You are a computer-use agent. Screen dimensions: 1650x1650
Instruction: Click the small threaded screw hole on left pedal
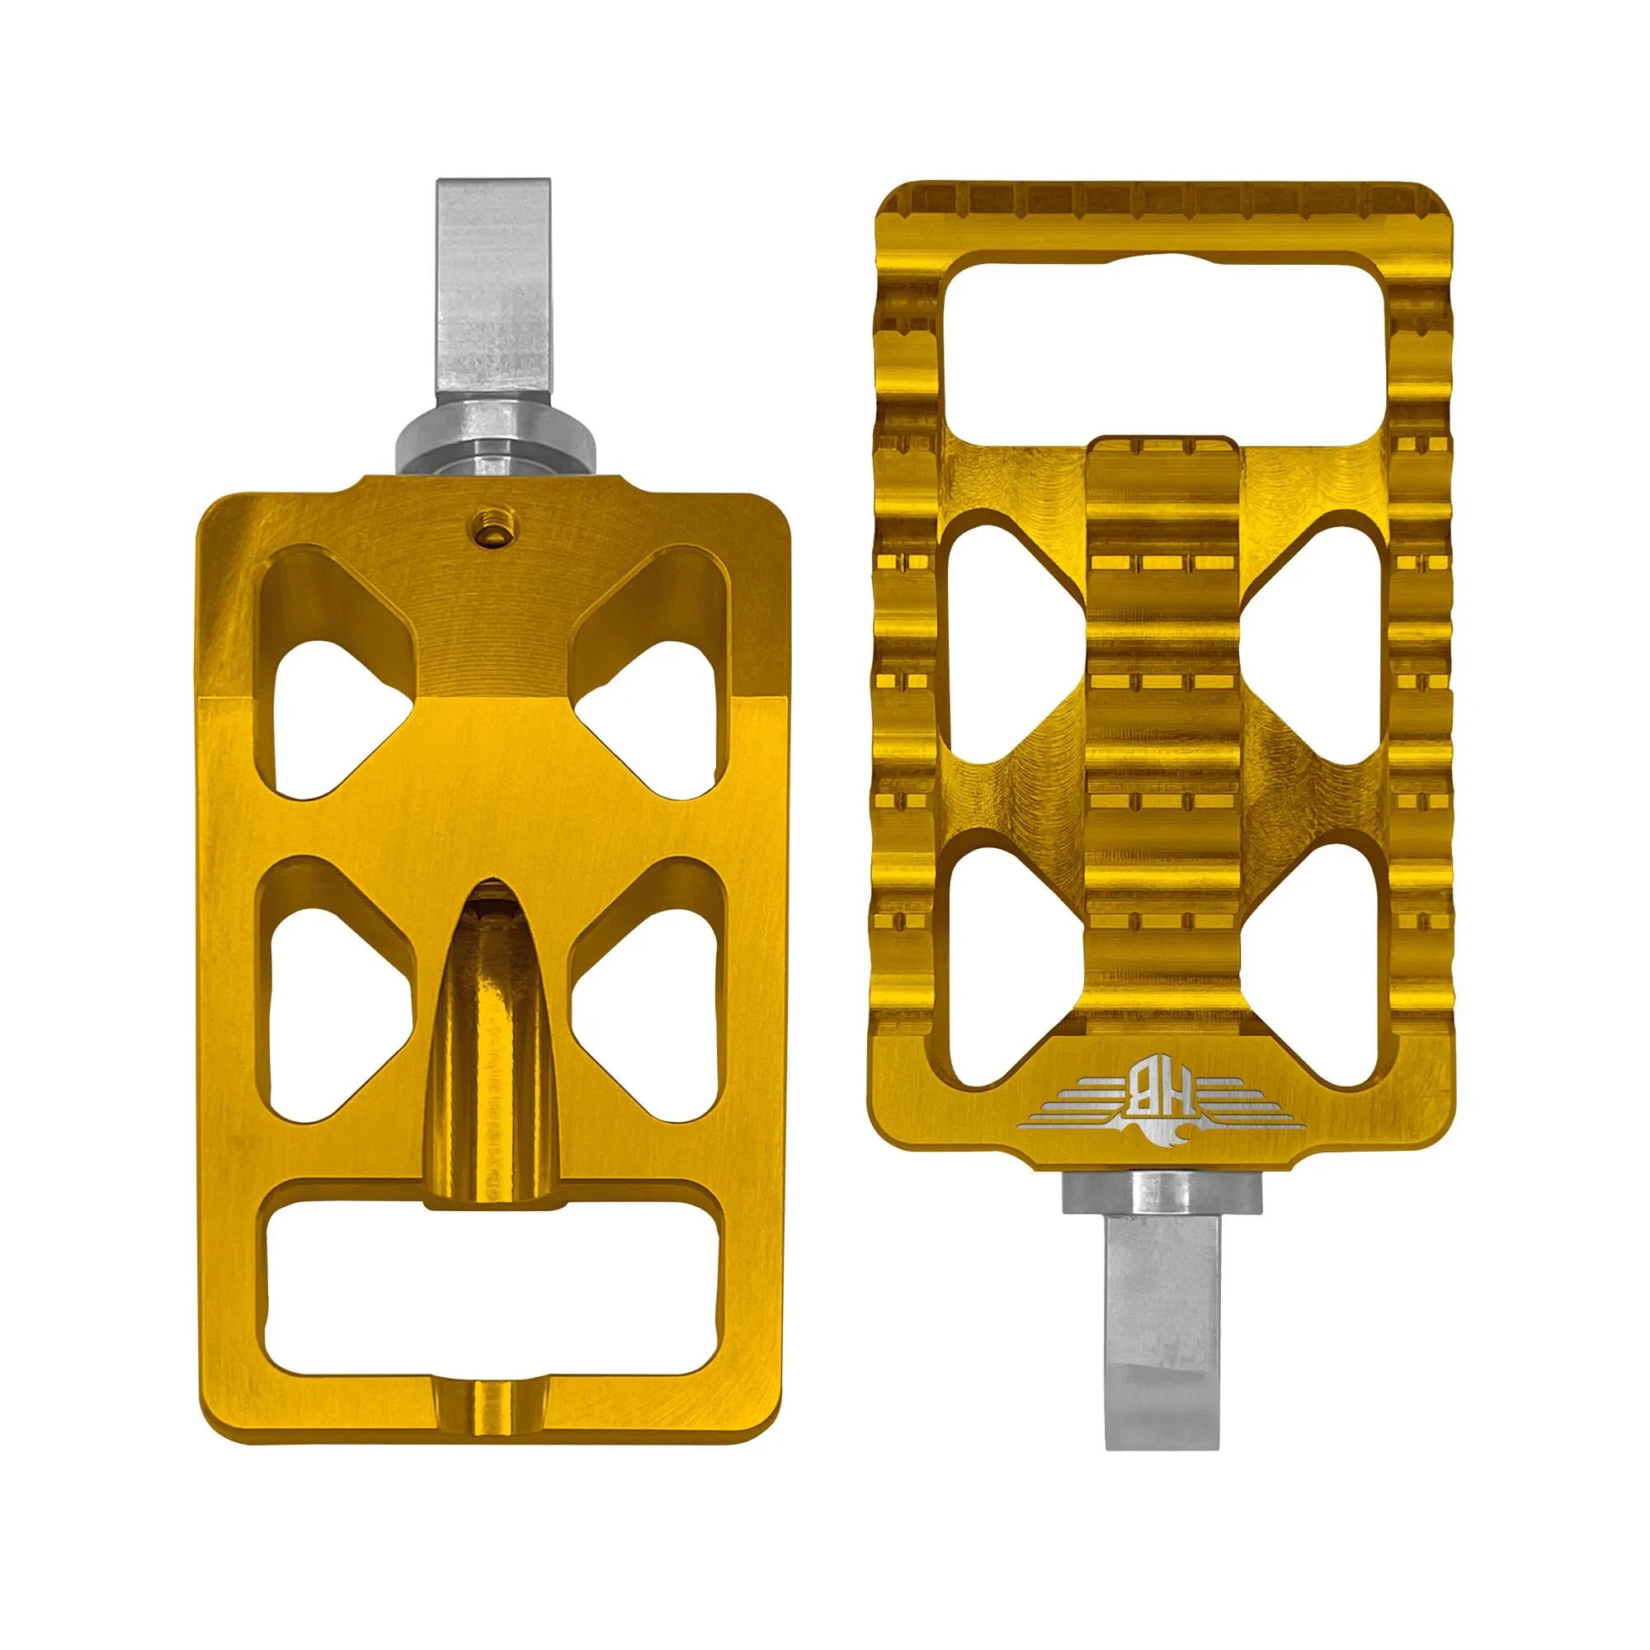(488, 535)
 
